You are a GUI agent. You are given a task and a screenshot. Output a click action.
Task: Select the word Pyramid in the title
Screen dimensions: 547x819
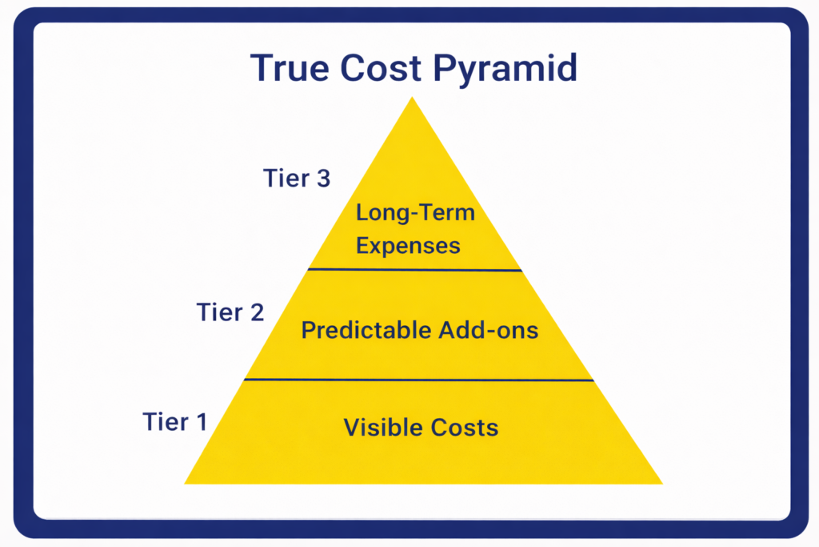pos(505,70)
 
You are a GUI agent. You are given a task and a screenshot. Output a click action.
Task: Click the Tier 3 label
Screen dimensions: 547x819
pos(297,179)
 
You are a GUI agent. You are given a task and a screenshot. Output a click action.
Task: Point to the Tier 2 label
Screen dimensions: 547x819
pos(230,312)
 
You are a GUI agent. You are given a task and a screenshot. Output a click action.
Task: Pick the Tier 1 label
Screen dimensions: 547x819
pos(175,421)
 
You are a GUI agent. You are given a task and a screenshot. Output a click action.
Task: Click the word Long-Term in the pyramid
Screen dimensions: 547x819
pos(415,214)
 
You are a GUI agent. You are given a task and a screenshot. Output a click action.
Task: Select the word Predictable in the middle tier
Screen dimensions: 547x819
pos(366,329)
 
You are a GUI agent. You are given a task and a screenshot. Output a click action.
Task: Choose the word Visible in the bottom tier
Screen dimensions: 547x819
pos(379,427)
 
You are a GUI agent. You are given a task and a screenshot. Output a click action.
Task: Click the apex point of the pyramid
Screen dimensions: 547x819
pos(412,99)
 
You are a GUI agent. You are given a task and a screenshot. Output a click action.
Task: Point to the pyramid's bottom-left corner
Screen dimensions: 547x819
pos(186,483)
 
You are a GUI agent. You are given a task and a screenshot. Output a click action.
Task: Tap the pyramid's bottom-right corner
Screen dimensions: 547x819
pos(661,483)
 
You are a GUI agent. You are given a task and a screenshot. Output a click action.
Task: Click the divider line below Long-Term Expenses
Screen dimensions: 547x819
pos(415,270)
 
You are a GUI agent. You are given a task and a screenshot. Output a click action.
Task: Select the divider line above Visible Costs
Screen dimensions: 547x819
pos(419,380)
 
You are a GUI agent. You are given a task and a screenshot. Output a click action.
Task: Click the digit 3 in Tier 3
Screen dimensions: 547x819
pos(322,179)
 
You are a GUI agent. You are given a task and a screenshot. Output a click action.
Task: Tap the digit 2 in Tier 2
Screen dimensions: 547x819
pos(256,312)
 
